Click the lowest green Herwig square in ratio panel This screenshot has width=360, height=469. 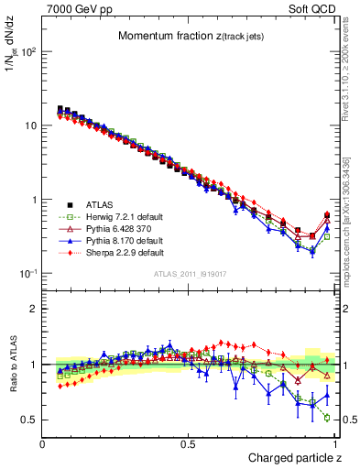(x=327, y=418)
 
